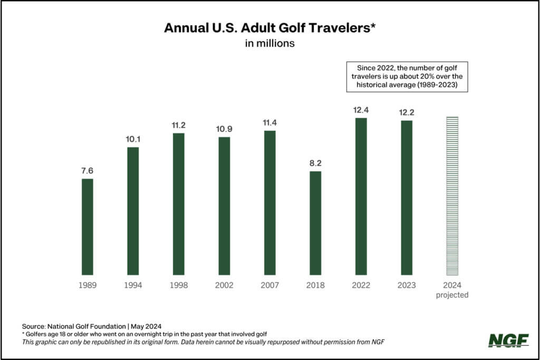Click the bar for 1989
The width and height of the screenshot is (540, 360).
coord(87,227)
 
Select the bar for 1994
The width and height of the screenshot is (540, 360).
coord(133,211)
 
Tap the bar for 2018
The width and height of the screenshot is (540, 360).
coord(315,223)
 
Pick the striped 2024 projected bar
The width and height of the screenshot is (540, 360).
coord(452,196)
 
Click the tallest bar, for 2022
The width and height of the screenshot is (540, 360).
coord(361,196)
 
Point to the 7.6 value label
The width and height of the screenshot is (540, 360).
coord(87,171)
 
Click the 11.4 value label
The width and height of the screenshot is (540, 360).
coord(269,122)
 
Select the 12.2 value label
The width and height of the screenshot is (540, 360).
coord(407,112)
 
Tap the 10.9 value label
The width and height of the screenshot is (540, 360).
coord(224,129)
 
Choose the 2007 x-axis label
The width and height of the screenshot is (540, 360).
coord(269,285)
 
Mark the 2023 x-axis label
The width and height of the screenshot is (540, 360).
coord(407,285)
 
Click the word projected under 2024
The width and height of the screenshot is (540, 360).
coord(452,295)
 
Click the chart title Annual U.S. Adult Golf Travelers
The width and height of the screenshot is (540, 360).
coord(269,28)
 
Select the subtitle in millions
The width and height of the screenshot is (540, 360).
coord(269,44)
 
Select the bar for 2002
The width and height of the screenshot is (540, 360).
coord(224,206)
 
